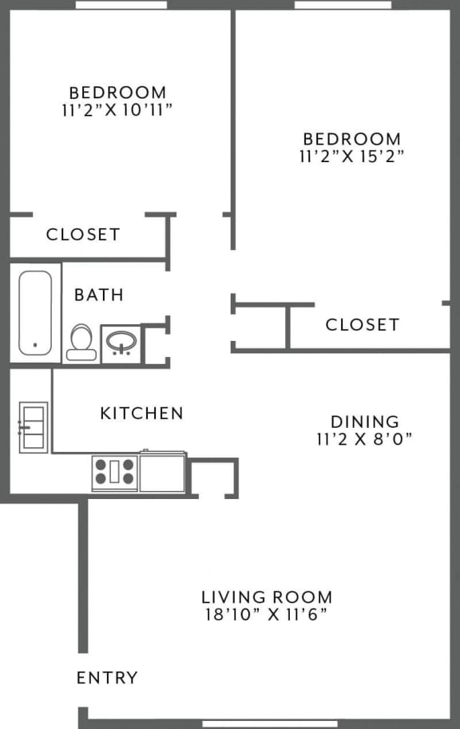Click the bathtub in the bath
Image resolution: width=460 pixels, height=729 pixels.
35,313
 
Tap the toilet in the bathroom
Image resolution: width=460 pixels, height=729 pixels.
81,343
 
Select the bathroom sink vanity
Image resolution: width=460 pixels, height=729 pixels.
121,343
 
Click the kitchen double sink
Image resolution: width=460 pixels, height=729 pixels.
33,427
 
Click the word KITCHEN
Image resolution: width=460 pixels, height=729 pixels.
141,413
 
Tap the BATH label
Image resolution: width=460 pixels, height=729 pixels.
99,295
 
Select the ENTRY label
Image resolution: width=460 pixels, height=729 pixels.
107,678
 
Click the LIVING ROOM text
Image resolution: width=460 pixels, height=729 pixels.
266,597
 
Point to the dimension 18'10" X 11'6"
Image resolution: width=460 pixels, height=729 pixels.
266,615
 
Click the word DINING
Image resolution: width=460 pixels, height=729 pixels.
364,421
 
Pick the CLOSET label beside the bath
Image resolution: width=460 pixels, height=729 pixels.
83,235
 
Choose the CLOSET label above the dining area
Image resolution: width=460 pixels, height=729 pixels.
362,324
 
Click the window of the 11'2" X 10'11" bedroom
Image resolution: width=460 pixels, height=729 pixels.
121,5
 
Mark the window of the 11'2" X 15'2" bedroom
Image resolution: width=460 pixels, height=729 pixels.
343,5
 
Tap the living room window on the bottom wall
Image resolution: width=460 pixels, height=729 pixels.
271,724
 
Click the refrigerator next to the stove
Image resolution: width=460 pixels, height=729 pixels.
163,472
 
